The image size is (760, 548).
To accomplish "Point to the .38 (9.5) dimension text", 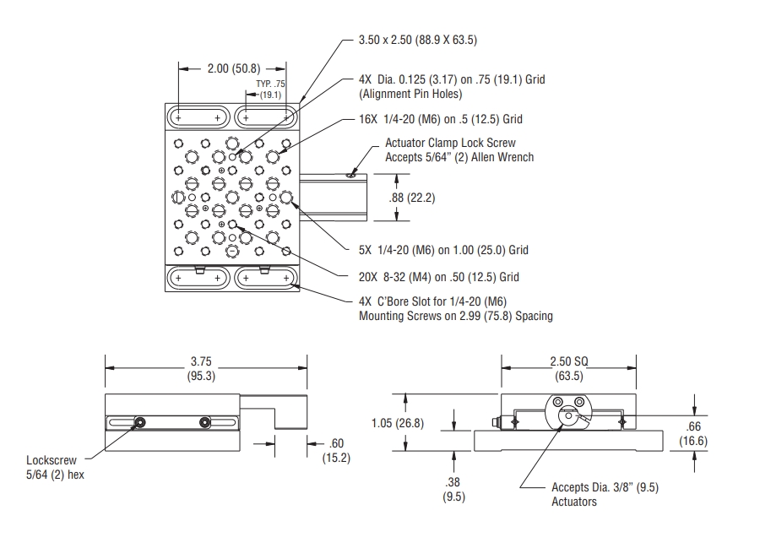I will point(454,490).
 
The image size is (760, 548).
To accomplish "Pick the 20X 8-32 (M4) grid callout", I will point(439,276).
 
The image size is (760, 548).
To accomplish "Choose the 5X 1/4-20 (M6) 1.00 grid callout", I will point(443,250).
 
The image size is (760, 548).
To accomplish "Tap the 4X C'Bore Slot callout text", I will point(456,308).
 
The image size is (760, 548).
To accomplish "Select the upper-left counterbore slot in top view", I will point(198,115).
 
